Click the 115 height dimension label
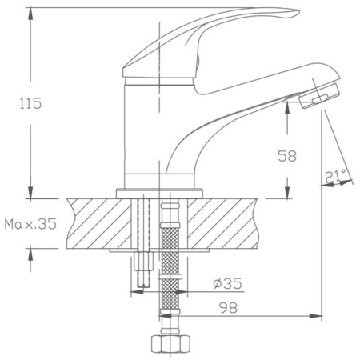click(30, 103)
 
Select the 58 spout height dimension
click(287, 156)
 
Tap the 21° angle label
click(335, 176)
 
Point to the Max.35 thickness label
click(30, 224)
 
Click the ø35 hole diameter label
click(227, 283)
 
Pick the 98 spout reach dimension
click(228, 308)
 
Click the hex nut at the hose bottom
click(170, 343)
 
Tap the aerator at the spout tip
click(319, 96)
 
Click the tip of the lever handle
click(299, 12)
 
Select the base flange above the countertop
click(159, 194)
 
